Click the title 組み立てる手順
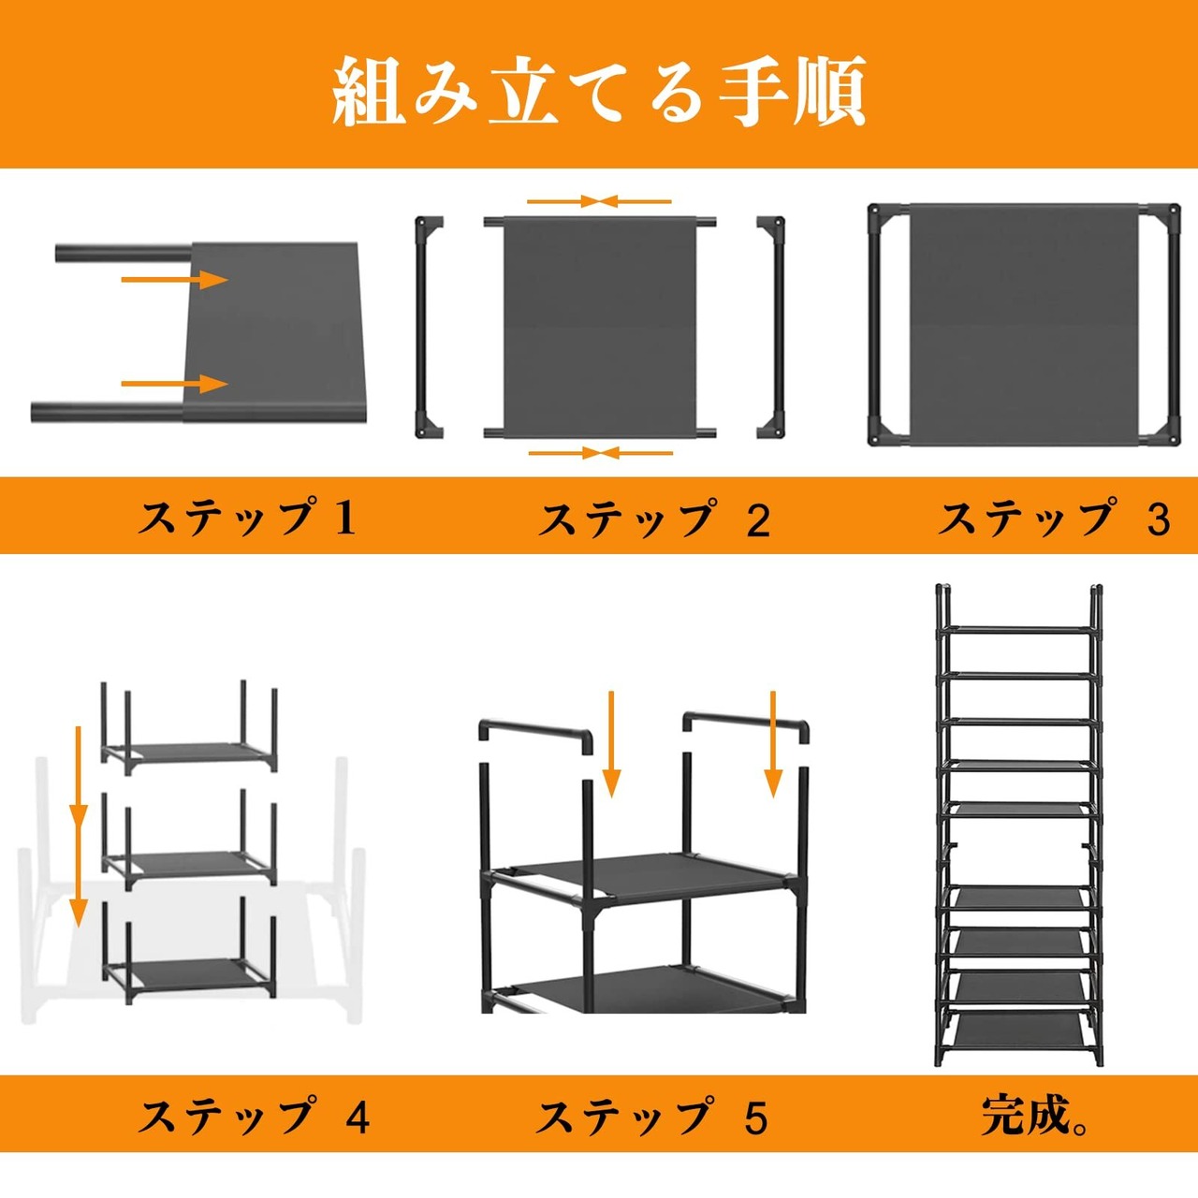599,92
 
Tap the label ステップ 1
247,519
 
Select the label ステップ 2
654,519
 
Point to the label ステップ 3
1055,519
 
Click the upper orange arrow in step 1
175,280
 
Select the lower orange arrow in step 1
175,384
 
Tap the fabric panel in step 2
599,328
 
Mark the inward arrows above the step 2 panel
599,201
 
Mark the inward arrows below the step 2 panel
601,453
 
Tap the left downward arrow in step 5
612,743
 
